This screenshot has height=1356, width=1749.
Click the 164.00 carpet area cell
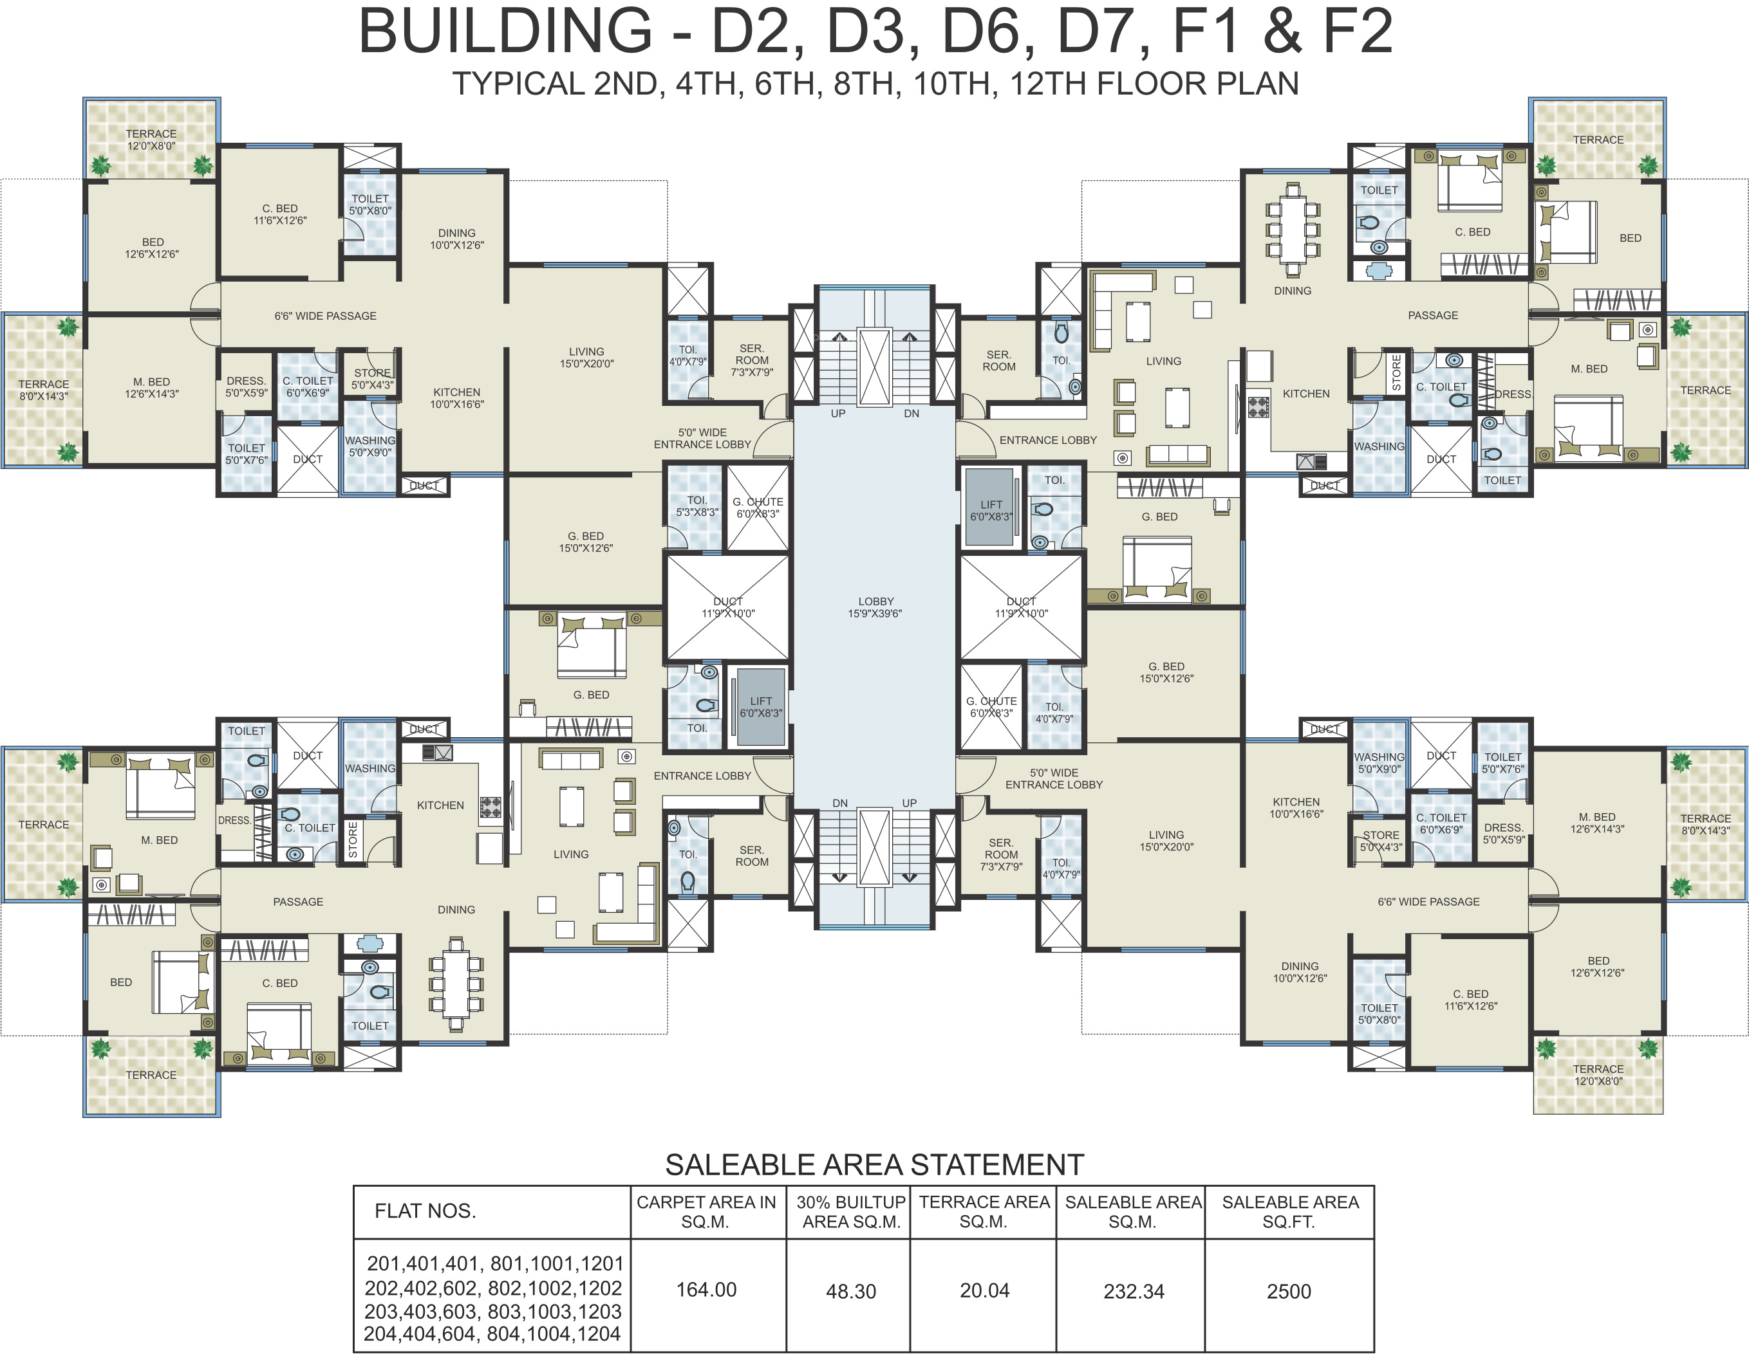click(706, 1290)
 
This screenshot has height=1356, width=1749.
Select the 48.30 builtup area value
click(851, 1291)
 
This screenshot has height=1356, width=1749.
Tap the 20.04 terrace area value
click(984, 1290)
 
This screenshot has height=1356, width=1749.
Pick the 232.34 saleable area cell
click(1133, 1291)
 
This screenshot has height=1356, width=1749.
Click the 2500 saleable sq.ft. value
click(1289, 1291)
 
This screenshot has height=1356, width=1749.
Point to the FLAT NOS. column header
click(426, 1211)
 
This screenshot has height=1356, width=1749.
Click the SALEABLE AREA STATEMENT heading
click(874, 1165)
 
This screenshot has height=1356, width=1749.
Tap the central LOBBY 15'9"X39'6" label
click(875, 607)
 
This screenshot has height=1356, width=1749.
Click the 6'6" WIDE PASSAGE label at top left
click(325, 316)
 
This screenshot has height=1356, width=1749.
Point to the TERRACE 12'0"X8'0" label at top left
click(151, 140)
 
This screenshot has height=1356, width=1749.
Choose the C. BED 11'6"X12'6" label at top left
click(279, 214)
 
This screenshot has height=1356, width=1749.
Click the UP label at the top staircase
click(837, 414)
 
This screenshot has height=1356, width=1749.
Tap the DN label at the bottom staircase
click(840, 803)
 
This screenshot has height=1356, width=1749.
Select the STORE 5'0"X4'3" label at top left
click(372, 379)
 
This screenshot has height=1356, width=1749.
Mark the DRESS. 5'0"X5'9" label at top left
click(246, 387)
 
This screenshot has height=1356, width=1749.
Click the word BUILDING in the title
click(505, 32)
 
